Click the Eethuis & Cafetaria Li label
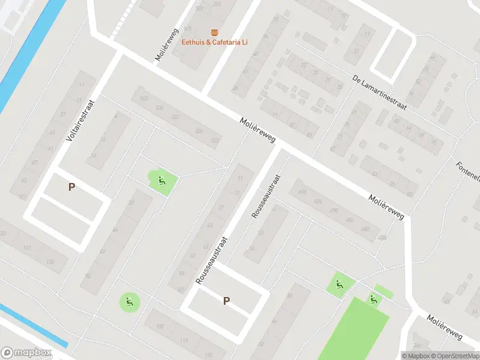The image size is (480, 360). click(x=215, y=42)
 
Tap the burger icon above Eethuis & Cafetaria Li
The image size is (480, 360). click(x=215, y=32)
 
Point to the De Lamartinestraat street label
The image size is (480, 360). click(x=379, y=92)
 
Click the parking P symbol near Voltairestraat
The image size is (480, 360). click(x=71, y=187)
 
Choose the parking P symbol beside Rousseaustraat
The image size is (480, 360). click(x=226, y=301)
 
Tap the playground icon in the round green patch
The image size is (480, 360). click(x=129, y=301)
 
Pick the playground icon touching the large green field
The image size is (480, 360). click(x=374, y=299)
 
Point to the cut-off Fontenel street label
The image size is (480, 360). click(x=469, y=172)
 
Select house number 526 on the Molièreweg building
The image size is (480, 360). click(x=199, y=131)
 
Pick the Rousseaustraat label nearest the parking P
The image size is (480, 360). click(x=211, y=260)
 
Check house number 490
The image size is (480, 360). click(x=334, y=211)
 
